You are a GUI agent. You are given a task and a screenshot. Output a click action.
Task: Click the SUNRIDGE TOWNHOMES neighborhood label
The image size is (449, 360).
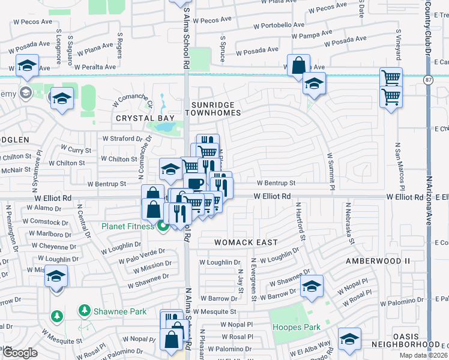[216, 109]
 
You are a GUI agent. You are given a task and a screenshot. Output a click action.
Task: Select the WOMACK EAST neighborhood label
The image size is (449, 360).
[247, 242]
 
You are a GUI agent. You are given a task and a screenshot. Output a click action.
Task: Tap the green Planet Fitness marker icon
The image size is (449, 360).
[163, 226]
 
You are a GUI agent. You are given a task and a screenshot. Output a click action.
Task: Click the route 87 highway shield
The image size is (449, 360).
[427, 80]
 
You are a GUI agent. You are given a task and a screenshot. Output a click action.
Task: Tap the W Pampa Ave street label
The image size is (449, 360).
[307, 37]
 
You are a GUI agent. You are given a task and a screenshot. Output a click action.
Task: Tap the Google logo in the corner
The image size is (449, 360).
[20, 353]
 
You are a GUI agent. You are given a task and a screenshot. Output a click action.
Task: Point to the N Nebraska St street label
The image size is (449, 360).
[348, 223]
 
